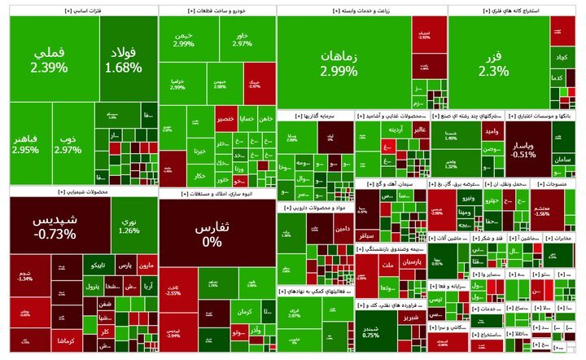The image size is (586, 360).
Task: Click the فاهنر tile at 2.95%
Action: (25, 145)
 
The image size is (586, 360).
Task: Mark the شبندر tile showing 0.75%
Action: (370, 331)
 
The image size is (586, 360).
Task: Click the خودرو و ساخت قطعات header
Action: (216, 11)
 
